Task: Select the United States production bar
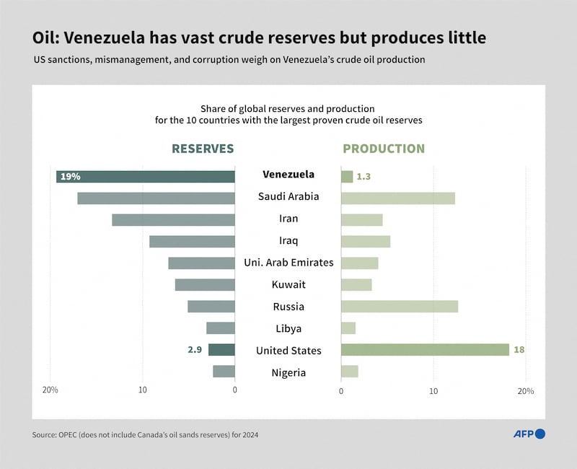(425, 350)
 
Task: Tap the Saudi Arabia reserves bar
(156, 198)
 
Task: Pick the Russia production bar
(399, 306)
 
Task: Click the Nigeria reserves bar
(224, 372)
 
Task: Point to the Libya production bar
(348, 328)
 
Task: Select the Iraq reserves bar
(192, 241)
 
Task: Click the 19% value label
(70, 176)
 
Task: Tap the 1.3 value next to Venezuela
(364, 176)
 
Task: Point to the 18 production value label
(519, 350)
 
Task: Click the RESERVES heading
(203, 149)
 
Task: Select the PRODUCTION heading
(384, 149)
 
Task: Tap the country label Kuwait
(288, 284)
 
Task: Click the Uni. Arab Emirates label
(288, 263)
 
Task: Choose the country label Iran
(288, 219)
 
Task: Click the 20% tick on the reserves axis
(50, 390)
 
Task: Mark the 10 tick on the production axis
(433, 390)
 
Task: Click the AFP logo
(529, 434)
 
